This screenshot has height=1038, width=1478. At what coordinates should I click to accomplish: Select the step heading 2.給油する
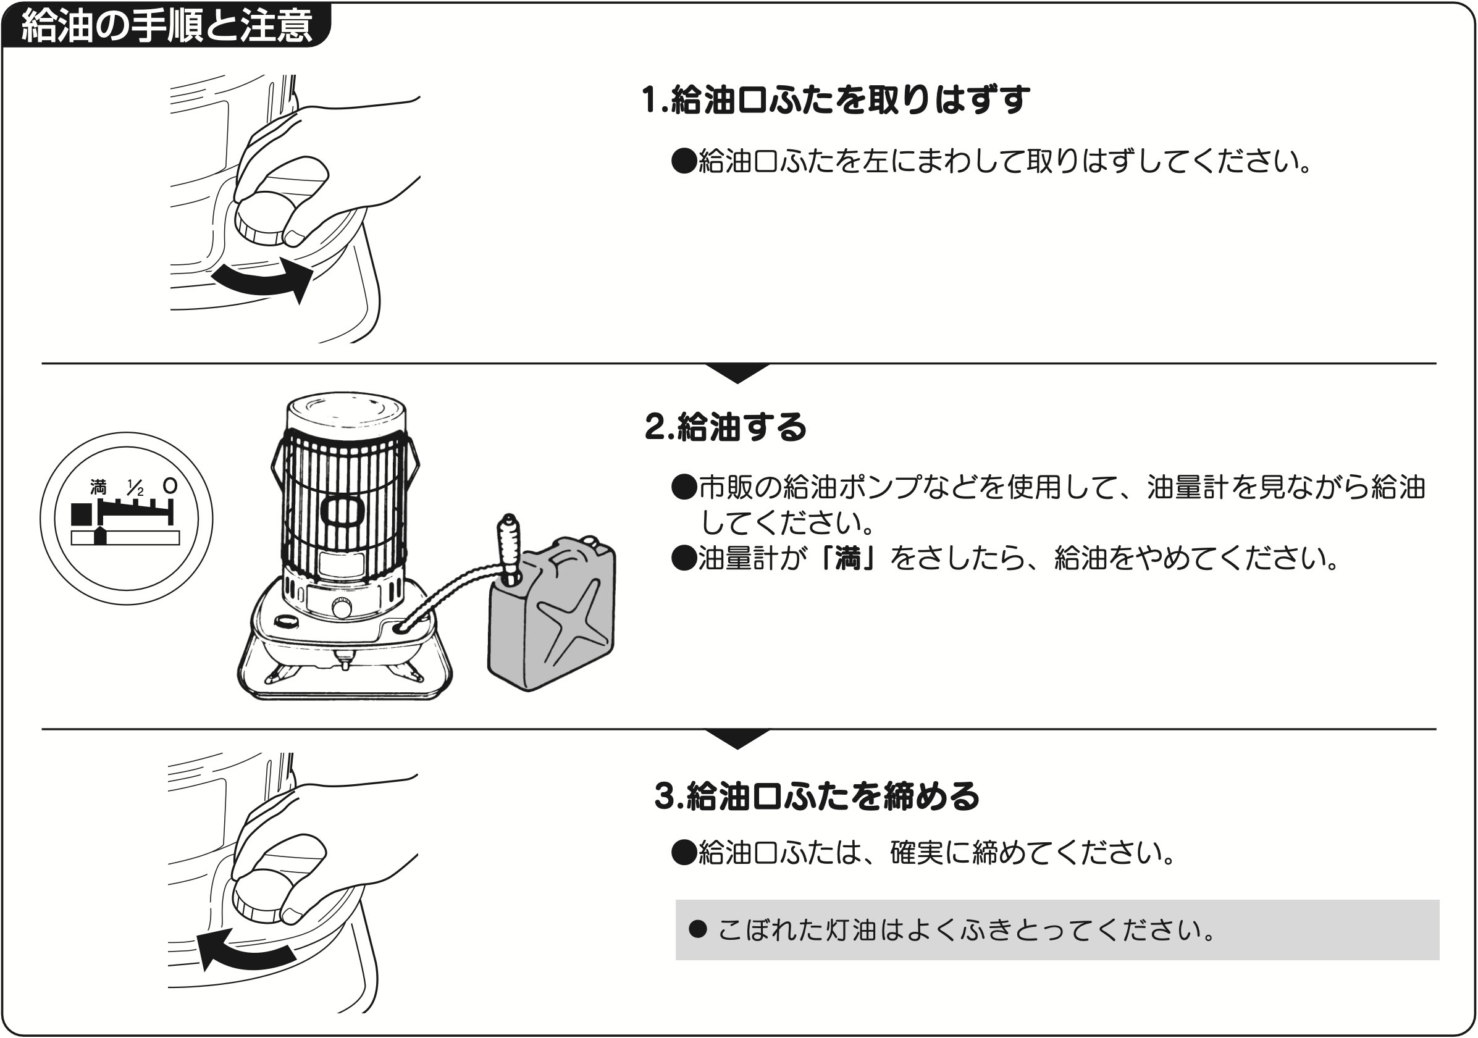tap(725, 427)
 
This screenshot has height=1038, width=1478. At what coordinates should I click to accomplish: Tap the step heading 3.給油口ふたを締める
tap(817, 796)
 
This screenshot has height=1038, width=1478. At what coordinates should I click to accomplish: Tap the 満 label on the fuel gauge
tap(98, 487)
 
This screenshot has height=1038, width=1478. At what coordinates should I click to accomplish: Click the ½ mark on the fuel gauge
tap(135, 488)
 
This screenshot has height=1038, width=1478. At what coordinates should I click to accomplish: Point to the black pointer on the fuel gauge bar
tap(100, 535)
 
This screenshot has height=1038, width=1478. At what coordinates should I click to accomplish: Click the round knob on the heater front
tap(341, 608)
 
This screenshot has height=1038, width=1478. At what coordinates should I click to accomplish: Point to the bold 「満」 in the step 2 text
tap(848, 559)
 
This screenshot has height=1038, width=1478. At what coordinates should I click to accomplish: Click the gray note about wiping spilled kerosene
tap(1056, 930)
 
